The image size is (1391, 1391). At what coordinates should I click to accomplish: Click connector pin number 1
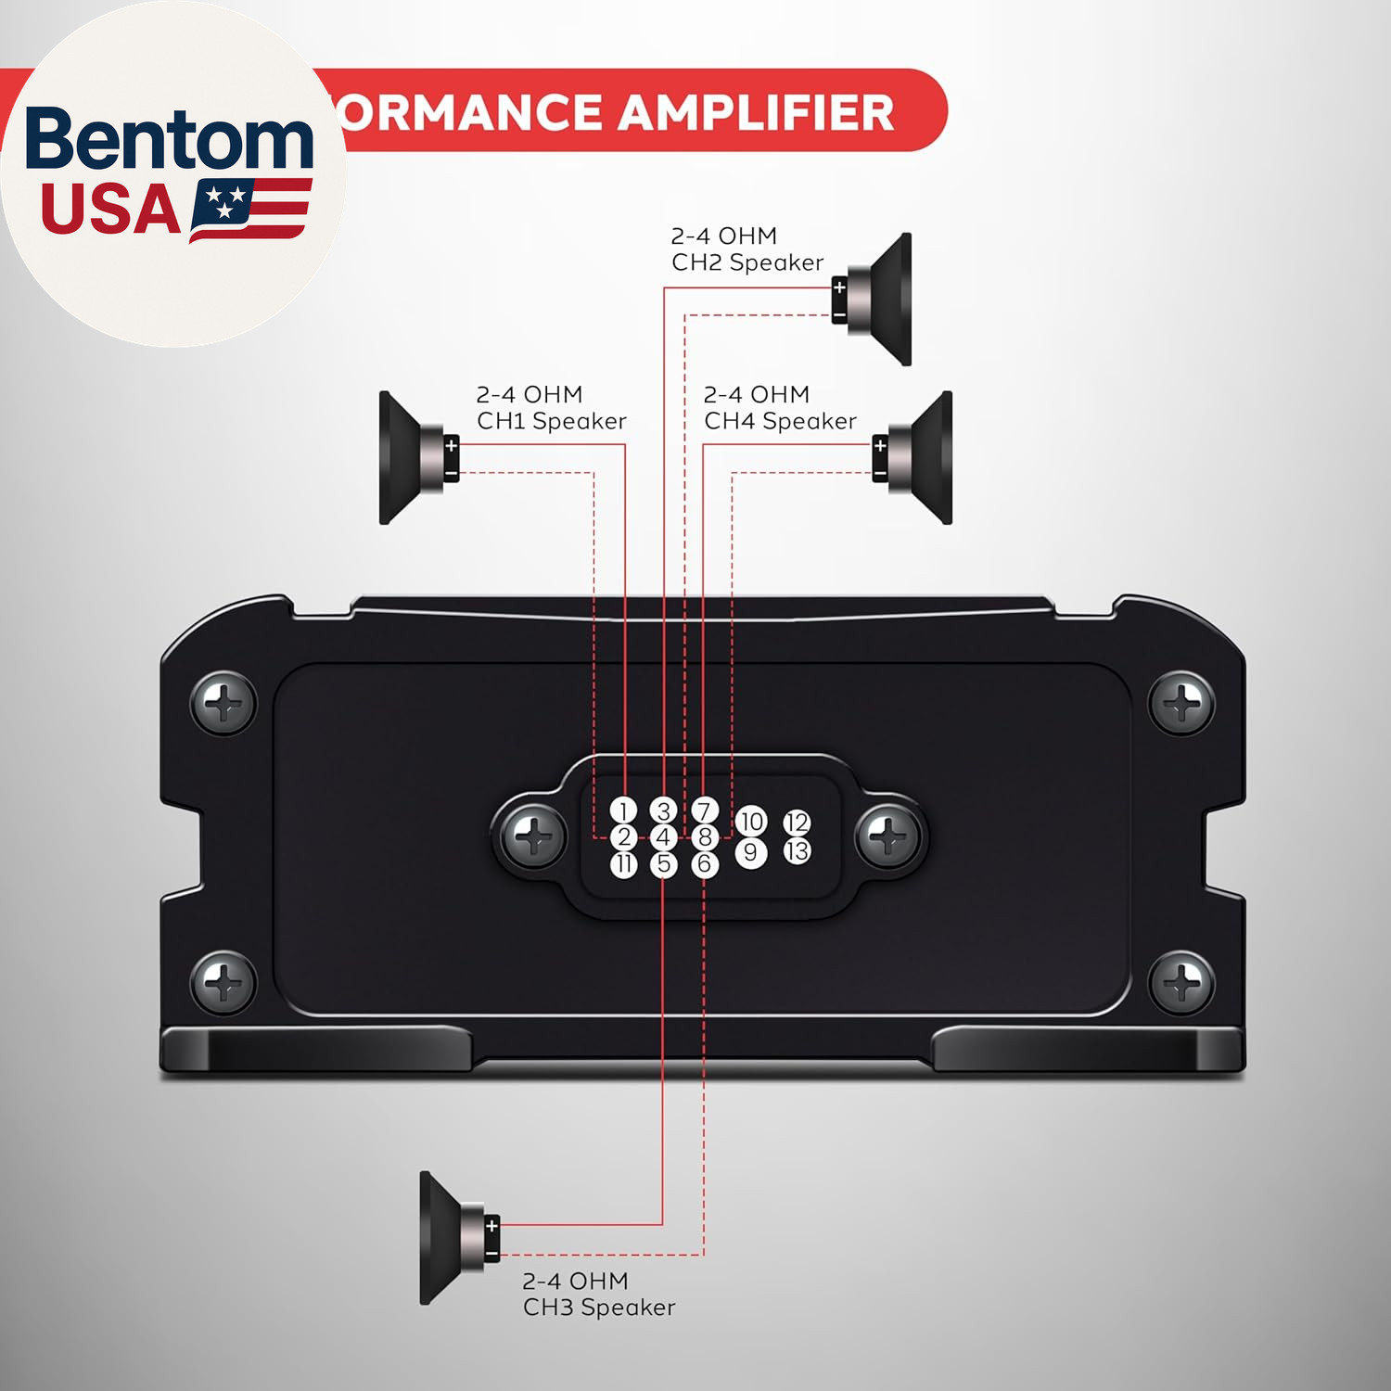point(624,810)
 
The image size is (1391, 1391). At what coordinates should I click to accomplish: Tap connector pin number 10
point(751,821)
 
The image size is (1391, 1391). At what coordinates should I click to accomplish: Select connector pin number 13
point(797,850)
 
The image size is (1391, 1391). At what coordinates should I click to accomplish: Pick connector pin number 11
point(624,864)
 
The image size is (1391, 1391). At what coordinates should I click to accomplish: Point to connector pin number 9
point(751,852)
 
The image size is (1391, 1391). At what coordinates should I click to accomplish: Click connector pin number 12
point(797,823)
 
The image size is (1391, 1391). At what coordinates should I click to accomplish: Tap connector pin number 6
point(705,864)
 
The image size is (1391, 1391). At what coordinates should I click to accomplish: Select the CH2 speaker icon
point(876,300)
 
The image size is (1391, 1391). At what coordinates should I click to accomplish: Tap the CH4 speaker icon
point(916,458)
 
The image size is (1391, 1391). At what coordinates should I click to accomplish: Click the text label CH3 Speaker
point(599,1308)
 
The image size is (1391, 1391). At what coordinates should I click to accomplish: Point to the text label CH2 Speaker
point(747,263)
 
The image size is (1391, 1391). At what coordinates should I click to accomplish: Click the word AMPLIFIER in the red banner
point(756,113)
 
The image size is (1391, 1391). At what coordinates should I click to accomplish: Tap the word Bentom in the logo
point(170,139)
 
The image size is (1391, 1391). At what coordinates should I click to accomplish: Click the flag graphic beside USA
point(250,210)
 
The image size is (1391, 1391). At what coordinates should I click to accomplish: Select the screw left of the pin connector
point(533,837)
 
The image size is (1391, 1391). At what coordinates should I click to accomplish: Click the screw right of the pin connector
point(888,837)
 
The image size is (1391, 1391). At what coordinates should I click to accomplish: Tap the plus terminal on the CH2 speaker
point(839,287)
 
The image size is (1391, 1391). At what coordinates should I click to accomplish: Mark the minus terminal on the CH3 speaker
point(491,1255)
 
